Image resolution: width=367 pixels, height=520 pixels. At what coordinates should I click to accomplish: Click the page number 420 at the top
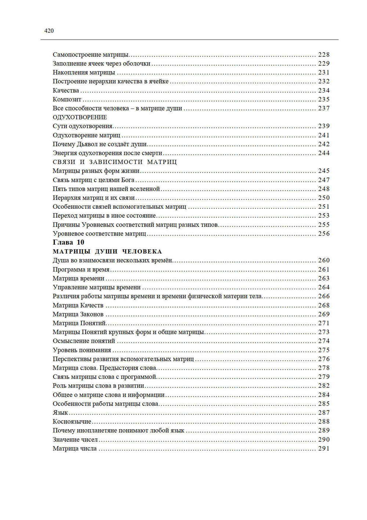[49, 31]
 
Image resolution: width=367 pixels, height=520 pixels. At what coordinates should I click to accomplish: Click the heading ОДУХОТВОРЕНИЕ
[80, 117]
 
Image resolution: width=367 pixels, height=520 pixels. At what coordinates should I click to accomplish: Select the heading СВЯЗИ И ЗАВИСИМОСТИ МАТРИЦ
[115, 162]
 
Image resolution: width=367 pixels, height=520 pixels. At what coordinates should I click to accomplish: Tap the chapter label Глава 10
[68, 243]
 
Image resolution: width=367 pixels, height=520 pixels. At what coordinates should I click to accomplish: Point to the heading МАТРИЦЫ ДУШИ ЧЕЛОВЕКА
[107, 252]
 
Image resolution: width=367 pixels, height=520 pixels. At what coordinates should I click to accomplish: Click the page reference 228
[324, 55]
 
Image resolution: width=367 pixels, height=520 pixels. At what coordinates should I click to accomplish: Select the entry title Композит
[67, 100]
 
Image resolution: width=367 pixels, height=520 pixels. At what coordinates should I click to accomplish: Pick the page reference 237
[324, 108]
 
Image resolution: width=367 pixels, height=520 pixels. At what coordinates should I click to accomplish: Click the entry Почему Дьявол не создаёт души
[99, 144]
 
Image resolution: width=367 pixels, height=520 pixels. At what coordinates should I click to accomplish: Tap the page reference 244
[324, 153]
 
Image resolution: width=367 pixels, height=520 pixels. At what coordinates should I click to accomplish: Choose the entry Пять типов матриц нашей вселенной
[106, 189]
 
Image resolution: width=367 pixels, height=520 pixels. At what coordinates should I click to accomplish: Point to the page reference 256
[324, 234]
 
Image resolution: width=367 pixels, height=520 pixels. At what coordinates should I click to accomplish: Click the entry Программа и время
[81, 270]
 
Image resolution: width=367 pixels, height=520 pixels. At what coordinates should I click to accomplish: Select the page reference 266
[324, 296]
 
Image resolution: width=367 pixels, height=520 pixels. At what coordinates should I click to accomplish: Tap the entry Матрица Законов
[78, 314]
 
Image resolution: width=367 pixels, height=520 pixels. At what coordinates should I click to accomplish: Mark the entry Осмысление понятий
[84, 341]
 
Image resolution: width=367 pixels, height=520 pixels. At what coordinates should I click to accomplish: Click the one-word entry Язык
[60, 413]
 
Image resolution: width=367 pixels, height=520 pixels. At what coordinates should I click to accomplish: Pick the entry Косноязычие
[72, 422]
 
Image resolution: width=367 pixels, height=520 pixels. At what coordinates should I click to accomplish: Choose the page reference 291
[324, 449]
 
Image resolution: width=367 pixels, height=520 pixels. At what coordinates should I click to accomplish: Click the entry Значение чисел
[75, 440]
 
